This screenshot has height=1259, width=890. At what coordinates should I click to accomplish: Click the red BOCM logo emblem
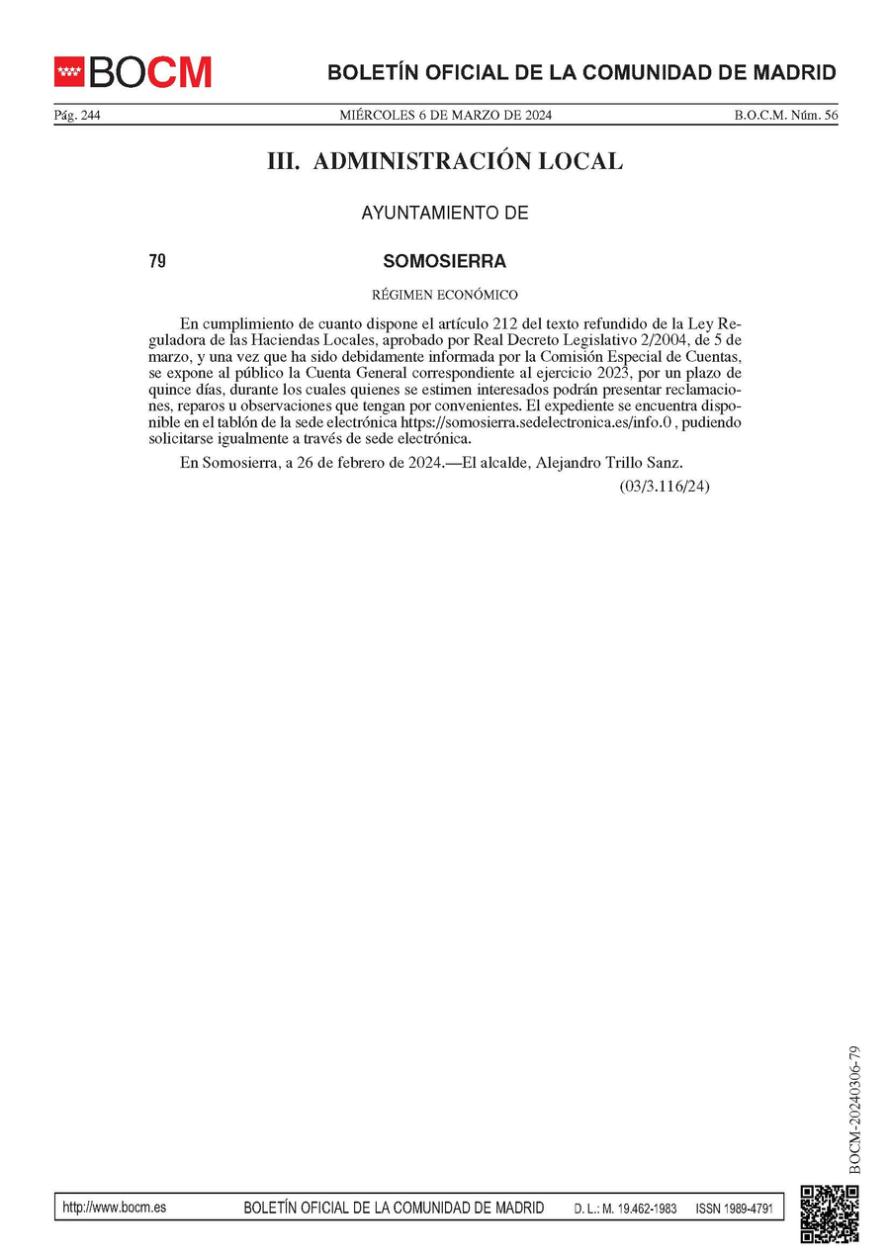70,72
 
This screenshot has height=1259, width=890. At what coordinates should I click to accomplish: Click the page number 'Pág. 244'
77,116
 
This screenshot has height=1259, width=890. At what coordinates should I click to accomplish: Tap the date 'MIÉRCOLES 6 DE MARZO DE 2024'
446,116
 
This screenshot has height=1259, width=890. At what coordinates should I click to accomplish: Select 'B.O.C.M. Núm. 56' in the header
785,116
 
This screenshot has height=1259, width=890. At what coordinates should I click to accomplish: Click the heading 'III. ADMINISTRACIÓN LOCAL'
445,161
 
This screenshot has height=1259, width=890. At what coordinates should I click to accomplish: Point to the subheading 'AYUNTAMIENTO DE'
445,213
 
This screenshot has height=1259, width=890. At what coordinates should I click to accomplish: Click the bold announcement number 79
156,262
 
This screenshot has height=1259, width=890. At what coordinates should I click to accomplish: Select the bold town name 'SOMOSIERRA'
445,262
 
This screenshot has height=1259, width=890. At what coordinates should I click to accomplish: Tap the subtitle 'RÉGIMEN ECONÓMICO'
445,295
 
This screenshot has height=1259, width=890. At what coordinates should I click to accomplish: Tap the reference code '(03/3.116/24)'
665,487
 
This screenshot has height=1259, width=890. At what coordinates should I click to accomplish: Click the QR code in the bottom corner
829,1213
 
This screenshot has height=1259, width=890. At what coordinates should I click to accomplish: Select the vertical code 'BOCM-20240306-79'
855,1109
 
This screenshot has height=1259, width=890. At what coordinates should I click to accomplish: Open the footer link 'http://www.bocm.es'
114,1208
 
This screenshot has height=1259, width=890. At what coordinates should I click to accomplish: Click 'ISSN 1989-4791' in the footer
734,1209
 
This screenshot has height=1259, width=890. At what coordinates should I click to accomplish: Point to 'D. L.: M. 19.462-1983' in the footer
625,1209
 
